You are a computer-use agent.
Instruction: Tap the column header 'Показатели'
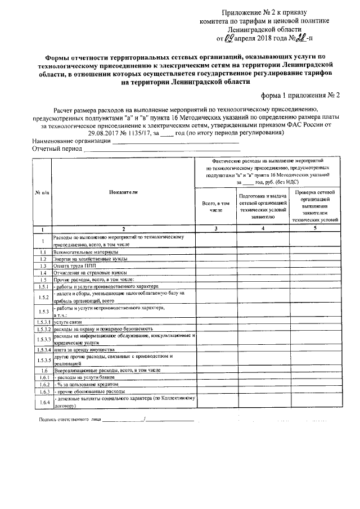coord(123,192)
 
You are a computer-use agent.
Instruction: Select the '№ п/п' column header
coord(42,192)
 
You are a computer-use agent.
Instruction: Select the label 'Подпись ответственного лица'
coord(70,420)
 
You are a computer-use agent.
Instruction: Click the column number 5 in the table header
coord(316,229)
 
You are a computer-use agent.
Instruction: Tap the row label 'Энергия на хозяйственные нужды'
coord(90,259)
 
